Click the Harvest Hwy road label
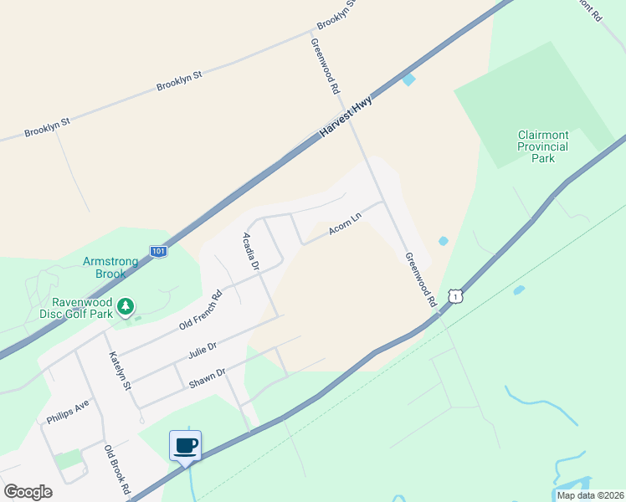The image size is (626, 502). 346,116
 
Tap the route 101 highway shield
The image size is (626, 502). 157,250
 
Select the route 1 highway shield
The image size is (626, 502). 454,296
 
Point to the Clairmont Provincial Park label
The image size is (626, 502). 543,146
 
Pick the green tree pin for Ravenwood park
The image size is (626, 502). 126,307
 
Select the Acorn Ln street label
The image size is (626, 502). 345,223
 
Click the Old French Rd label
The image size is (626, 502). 201,308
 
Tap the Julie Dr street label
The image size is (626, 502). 203,350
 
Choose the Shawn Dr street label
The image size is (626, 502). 208,377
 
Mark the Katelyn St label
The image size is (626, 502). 121,371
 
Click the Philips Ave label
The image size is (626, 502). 68,412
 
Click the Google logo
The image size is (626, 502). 28,492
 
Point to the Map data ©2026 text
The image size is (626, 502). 589,495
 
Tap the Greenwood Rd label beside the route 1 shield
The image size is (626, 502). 421,279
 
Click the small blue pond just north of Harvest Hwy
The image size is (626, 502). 408,79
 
